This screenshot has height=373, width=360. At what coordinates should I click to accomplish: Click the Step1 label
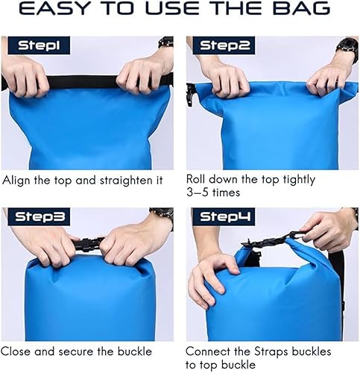coord(34,46)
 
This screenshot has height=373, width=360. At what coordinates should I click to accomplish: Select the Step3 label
coord(36,217)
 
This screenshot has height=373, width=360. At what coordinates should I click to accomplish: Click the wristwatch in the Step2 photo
coord(347,51)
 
